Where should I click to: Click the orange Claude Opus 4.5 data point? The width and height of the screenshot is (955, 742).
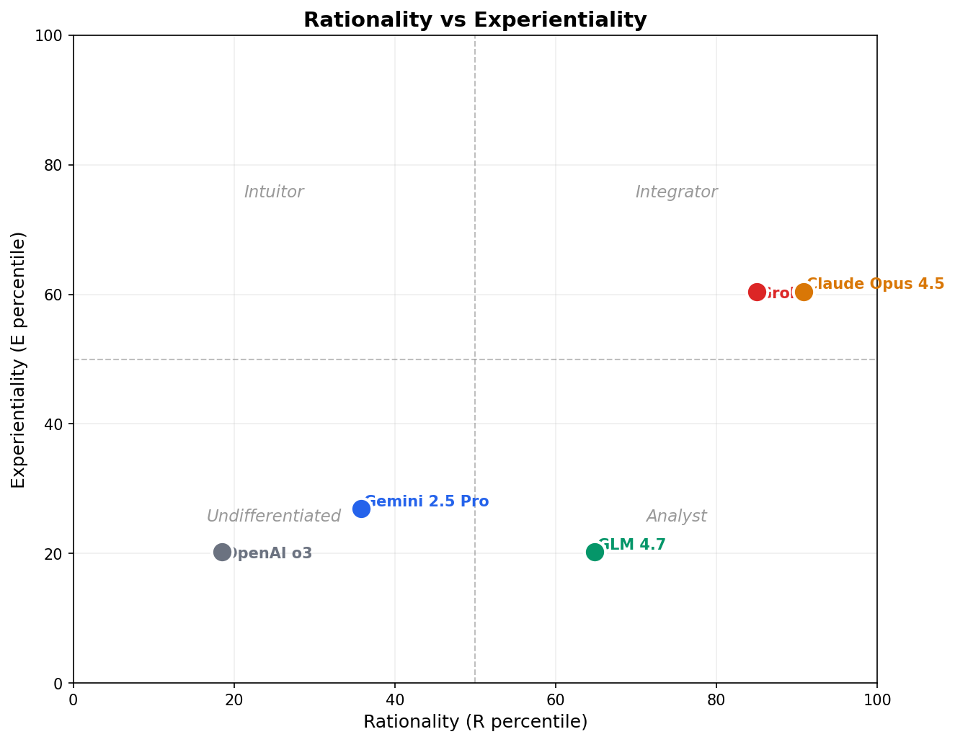[x=804, y=292]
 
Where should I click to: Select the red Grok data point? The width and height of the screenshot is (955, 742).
[x=757, y=292]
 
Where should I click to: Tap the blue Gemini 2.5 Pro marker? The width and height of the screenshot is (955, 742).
[x=361, y=509]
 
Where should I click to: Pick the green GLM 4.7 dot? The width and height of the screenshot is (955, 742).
[x=595, y=552]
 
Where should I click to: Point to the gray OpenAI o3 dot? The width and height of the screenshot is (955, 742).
[x=222, y=552]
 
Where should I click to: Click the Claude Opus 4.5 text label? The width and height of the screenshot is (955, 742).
[x=875, y=284]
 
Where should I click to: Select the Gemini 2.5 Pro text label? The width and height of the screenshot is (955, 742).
[x=427, y=501]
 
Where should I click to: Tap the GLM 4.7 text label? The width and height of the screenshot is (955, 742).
[x=632, y=545]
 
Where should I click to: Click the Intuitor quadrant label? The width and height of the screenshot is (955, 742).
[x=274, y=192]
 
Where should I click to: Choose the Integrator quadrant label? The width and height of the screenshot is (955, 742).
[x=676, y=192]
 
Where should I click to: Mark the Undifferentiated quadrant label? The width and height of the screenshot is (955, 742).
[x=274, y=517]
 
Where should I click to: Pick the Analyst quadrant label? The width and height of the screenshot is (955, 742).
[x=676, y=517]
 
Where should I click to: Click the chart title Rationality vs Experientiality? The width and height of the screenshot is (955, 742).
[x=475, y=20]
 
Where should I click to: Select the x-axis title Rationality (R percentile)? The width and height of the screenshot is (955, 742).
[x=475, y=722]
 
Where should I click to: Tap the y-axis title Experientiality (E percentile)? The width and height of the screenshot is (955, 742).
[x=19, y=359]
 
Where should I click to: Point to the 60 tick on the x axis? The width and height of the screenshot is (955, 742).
[x=556, y=700]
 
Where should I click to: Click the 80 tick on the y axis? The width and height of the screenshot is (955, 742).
[x=55, y=165]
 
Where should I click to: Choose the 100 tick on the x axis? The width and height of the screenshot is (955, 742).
[x=877, y=700]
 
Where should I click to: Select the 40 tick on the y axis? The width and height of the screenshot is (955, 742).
[x=55, y=424]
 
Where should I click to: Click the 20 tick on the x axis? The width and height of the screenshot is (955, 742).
[x=234, y=700]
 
